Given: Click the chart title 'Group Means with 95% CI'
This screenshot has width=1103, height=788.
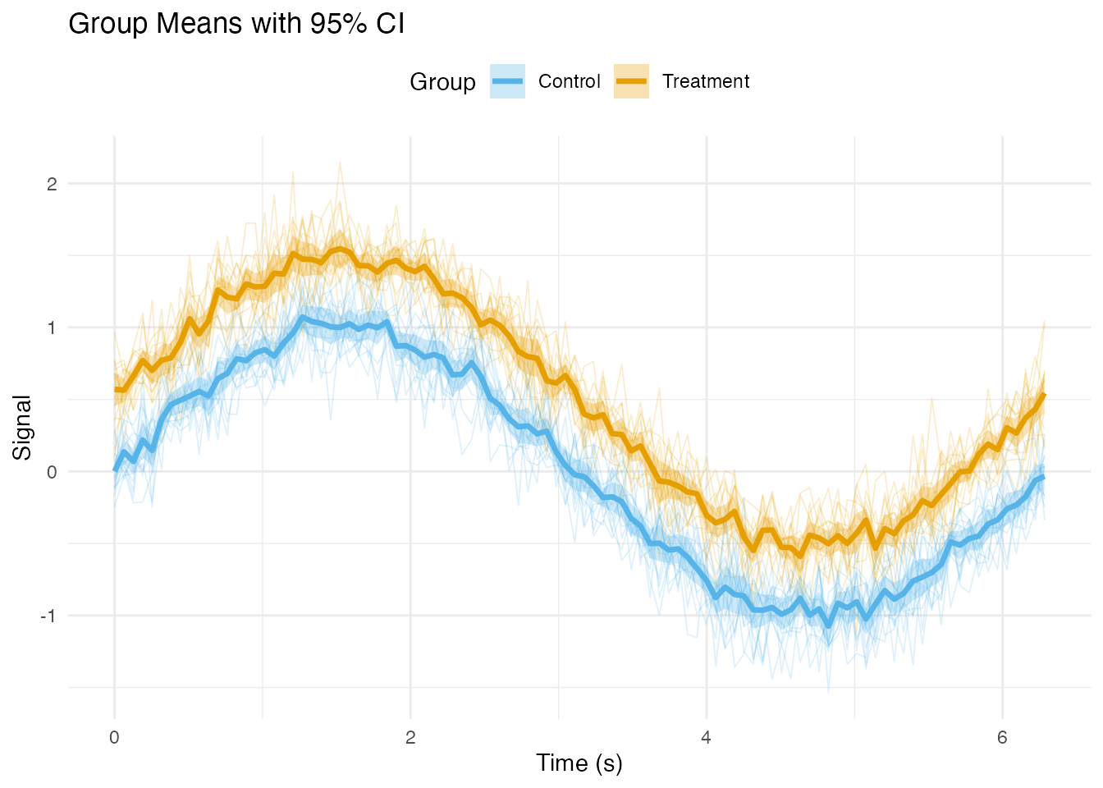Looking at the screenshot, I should coord(236,24).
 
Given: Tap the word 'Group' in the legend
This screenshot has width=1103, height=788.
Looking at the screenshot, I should coord(442,82).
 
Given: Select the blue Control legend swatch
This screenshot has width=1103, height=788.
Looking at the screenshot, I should coord(507,81).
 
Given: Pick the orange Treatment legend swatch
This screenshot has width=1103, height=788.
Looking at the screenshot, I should coord(631,81).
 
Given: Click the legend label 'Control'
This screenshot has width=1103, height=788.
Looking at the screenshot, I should coord(570,81).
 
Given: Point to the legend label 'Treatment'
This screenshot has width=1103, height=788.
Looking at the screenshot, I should coord(706,81).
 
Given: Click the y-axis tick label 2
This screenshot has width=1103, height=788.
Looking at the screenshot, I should coord(52,184).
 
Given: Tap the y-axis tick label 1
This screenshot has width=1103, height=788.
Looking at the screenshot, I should coord(52,328).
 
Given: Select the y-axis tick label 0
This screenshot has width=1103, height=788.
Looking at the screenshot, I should coord(52,472).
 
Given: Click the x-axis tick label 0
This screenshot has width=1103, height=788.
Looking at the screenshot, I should coord(114,737).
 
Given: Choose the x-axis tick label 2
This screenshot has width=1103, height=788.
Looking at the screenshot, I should coord(410,737).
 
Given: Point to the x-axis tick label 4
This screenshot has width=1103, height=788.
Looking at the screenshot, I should coord(707,737).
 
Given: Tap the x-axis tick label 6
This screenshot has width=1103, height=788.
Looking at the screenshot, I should coord(1002,737).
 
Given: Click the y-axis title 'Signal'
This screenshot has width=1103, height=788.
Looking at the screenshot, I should coord(22,428).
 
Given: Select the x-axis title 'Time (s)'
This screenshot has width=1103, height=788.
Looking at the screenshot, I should coord(579,763).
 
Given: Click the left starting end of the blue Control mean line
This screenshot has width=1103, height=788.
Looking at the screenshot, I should coord(115,470).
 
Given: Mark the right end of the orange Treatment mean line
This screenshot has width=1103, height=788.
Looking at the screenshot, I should coord(1044,395).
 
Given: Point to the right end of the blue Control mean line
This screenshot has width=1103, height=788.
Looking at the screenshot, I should coord(1044,477).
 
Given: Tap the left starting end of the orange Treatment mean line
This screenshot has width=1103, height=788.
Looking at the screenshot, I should coord(115,389).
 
